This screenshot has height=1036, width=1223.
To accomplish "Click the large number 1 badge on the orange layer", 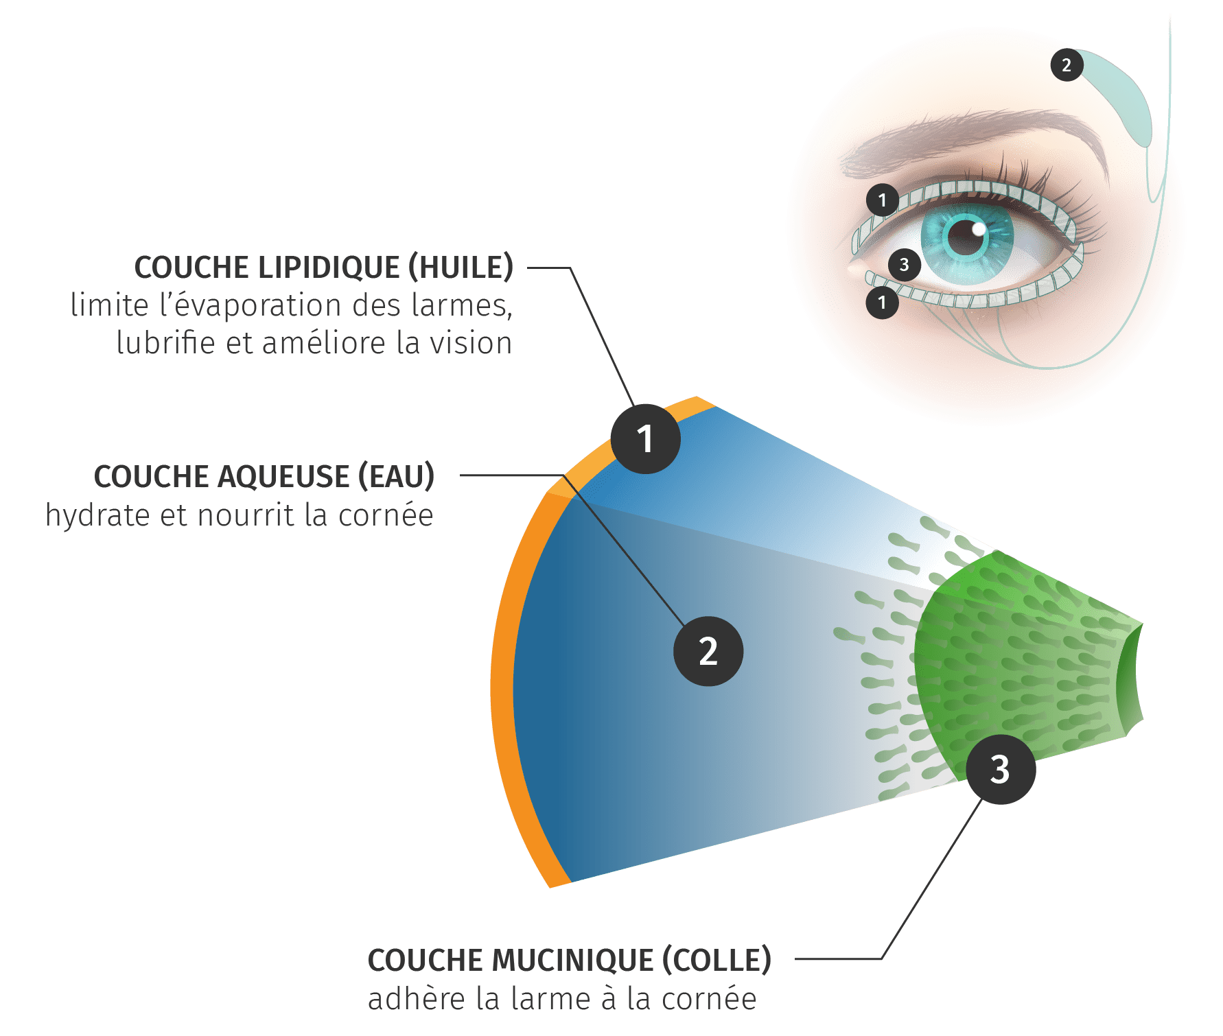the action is pos(646,439).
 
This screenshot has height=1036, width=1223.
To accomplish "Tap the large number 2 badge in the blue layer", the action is pos(708,651).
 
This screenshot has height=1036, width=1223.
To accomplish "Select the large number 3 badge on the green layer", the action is pos(1001,769).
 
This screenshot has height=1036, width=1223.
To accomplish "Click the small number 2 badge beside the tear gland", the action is pos(1067,65).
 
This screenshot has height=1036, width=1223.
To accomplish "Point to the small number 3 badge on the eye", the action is pos(904,265).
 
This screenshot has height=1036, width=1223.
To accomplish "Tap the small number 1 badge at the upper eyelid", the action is pos(883,200).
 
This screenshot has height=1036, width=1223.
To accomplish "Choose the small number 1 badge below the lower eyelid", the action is pos(883,303).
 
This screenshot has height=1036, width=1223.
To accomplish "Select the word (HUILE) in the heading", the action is pos(461,268).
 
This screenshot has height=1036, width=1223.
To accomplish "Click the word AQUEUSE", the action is pos(283,477).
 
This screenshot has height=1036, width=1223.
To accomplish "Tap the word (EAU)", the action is pos(396,477).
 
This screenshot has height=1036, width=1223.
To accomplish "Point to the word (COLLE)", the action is pos(717,961).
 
